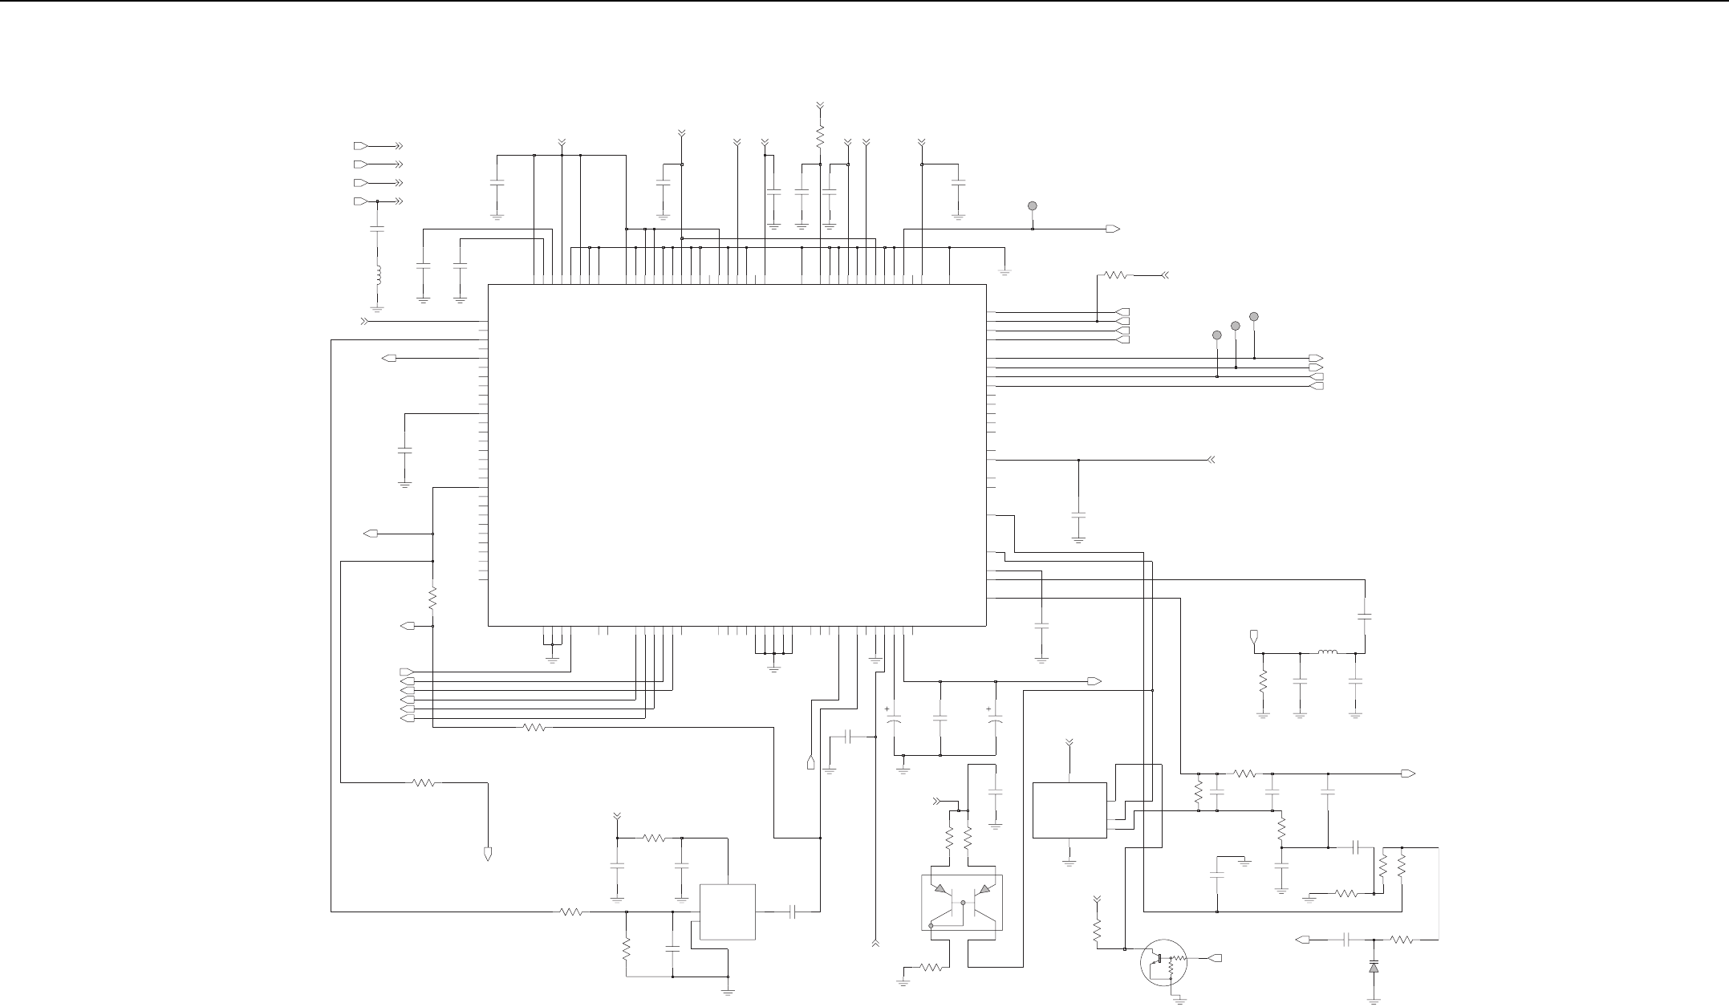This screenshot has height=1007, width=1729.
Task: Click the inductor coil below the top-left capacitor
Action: point(377,275)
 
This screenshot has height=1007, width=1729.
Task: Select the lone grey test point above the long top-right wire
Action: point(1033,206)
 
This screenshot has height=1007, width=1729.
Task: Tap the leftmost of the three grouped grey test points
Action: point(1217,335)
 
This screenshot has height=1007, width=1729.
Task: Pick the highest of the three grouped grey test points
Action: point(1254,316)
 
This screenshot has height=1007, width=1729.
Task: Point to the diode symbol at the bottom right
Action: point(1374,968)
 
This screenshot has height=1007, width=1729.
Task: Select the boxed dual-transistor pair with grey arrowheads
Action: point(962,902)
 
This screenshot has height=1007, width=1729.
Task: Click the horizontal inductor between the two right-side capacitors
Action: point(1328,653)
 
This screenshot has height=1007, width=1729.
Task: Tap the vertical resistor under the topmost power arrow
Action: point(820,134)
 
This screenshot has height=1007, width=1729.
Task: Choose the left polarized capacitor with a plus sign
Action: point(893,721)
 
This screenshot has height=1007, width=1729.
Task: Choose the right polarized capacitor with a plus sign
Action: point(995,721)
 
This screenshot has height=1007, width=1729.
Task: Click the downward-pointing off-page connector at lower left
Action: point(488,853)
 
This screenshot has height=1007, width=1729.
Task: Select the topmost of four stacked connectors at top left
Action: point(361,146)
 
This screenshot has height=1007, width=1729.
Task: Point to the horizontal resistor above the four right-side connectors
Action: point(1116,275)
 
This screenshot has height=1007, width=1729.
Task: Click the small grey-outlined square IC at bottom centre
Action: point(728,912)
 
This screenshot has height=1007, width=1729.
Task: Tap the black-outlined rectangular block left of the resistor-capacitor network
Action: point(1069,810)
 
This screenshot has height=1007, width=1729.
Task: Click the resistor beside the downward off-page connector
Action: point(424,782)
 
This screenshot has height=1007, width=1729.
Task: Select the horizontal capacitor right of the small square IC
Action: point(793,912)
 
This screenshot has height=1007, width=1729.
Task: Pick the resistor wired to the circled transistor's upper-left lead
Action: point(1097,931)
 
